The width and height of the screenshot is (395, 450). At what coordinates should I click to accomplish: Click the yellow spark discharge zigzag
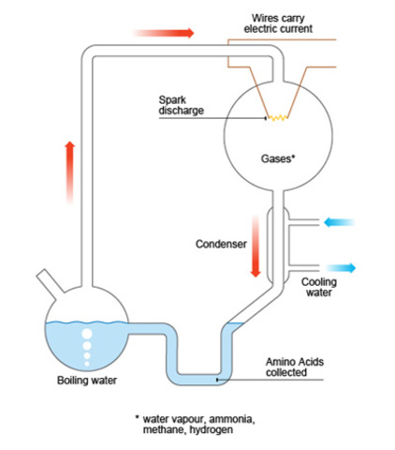pyautogui.click(x=277, y=117)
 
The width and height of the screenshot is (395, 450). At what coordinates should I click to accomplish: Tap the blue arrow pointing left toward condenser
pyautogui.click(x=339, y=223)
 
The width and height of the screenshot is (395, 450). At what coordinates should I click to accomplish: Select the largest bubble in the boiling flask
pyautogui.click(x=87, y=334)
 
